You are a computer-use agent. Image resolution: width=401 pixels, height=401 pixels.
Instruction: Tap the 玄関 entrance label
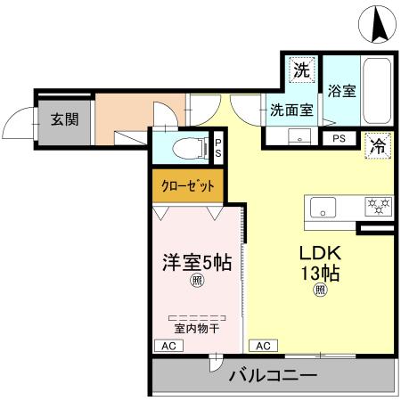(x=61, y=119)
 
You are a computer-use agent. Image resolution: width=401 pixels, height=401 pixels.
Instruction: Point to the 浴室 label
(x=342, y=90)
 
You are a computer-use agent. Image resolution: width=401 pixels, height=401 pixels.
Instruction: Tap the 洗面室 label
(x=291, y=110)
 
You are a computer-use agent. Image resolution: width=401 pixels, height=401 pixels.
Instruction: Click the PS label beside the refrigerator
(x=340, y=139)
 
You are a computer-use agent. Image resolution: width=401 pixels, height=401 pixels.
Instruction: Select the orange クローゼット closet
(x=186, y=186)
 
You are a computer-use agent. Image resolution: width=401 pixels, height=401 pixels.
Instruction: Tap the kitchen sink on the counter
(x=321, y=208)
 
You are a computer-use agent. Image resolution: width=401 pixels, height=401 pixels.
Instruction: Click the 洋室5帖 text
(x=196, y=263)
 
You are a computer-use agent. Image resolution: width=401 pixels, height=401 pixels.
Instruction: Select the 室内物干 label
(x=196, y=328)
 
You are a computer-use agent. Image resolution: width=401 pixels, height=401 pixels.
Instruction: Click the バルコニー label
(x=273, y=375)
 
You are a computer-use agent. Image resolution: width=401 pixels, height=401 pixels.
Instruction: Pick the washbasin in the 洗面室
(x=299, y=136)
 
